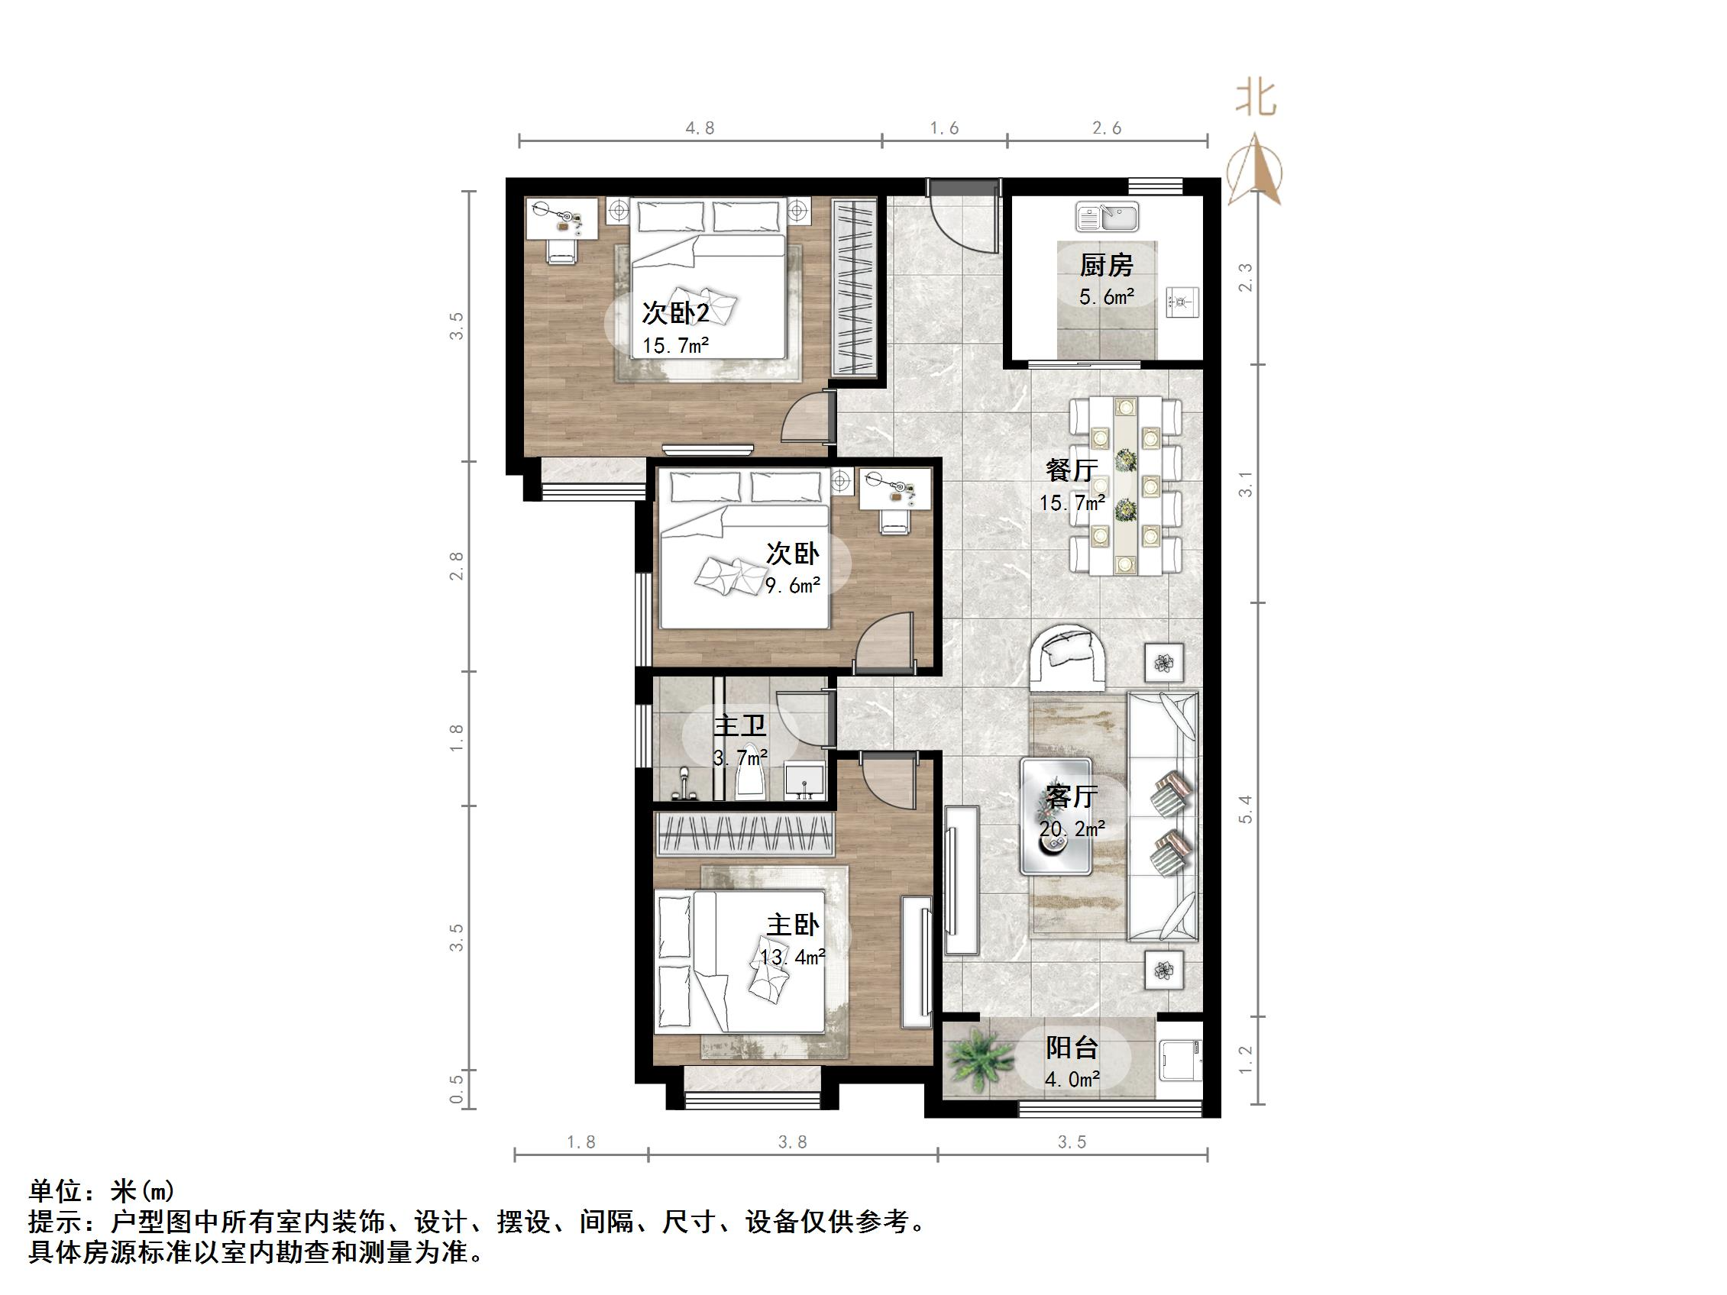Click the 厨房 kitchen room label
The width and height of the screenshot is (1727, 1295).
(1106, 266)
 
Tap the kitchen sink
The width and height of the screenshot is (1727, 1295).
(1107, 215)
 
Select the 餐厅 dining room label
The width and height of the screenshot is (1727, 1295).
(1071, 470)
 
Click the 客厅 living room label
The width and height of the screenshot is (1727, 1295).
(1071, 797)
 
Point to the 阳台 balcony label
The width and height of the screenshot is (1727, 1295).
(1072, 1048)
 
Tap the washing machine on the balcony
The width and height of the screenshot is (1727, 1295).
(1179, 1060)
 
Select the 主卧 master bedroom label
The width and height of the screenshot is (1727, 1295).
(791, 925)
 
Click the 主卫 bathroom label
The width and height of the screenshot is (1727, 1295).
(739, 726)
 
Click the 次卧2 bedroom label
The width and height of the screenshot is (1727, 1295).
(675, 314)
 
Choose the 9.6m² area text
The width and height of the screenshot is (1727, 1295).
(792, 586)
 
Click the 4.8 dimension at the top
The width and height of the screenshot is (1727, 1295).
(700, 128)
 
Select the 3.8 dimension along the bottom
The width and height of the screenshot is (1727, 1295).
(792, 1142)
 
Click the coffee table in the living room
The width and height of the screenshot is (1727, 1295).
(1056, 815)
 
